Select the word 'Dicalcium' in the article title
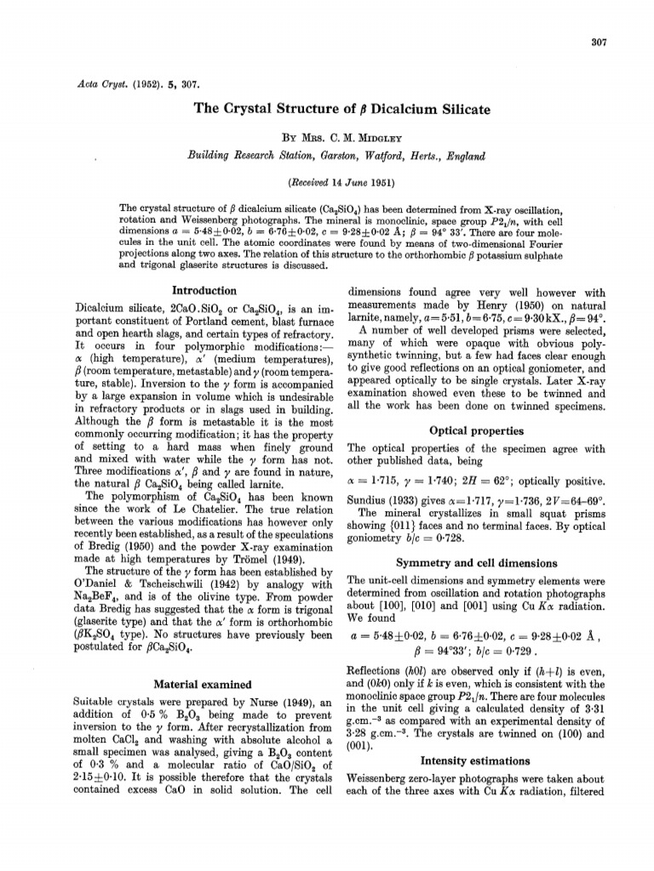point(397,110)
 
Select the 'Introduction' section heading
point(205,290)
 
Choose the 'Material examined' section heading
point(204,684)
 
